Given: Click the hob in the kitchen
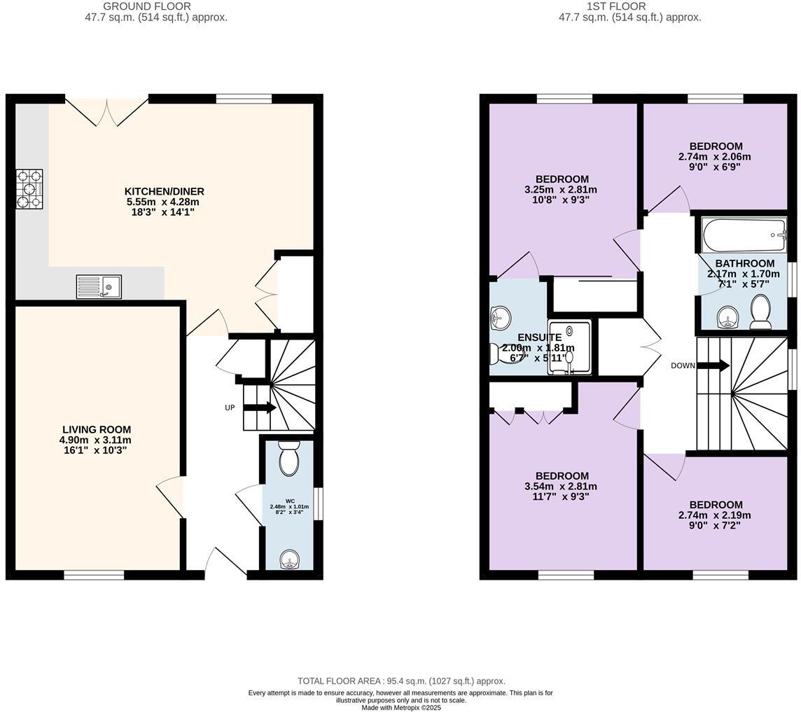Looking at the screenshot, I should [x=29, y=189].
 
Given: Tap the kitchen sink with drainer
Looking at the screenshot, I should [x=99, y=286].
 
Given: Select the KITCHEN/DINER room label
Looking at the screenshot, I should [x=165, y=191].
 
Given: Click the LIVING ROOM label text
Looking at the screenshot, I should [x=96, y=429].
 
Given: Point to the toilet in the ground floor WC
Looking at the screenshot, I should [x=288, y=459].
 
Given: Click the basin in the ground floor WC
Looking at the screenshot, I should [x=288, y=559].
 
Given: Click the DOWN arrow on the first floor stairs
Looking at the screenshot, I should [x=713, y=366].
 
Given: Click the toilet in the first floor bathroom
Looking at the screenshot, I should [x=760, y=312].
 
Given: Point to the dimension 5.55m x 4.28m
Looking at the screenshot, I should [x=164, y=202].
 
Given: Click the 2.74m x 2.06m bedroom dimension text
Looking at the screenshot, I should [x=714, y=157].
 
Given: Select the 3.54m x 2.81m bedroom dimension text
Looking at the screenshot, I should [x=560, y=487].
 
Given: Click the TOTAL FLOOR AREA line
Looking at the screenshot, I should [x=401, y=681].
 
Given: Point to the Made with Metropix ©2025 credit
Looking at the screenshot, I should [x=401, y=708].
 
